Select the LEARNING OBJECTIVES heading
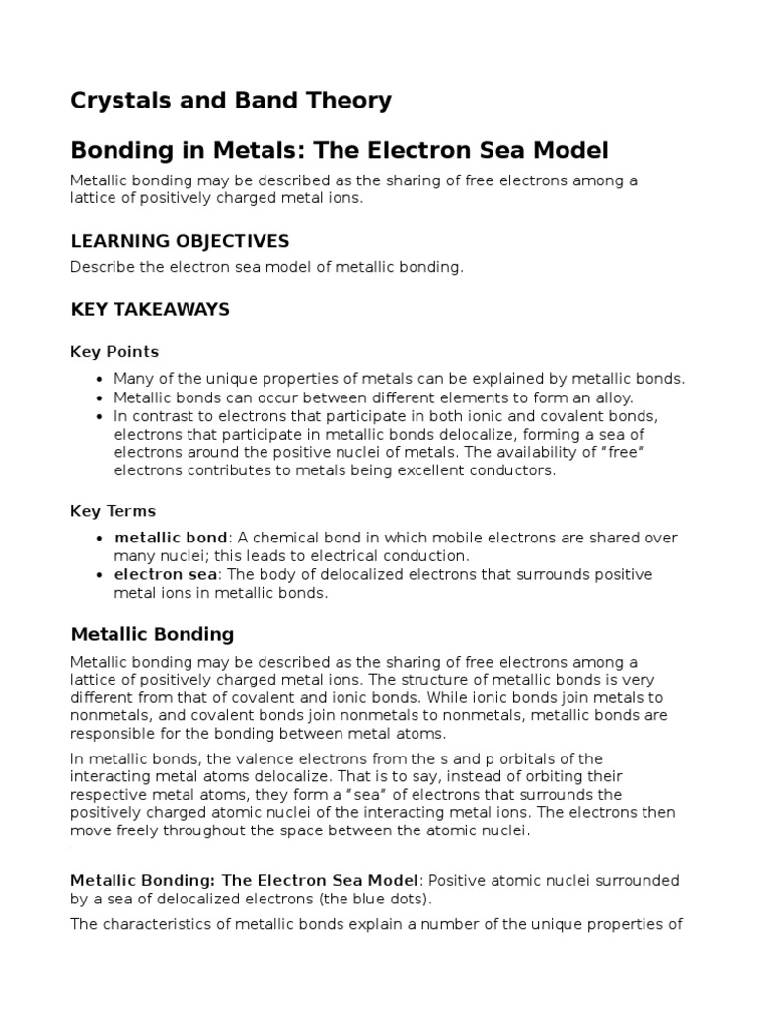click(180, 241)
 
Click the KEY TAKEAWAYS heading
click(150, 309)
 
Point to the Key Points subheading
click(114, 352)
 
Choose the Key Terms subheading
click(113, 511)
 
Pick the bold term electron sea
click(162, 575)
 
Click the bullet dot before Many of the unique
click(100, 380)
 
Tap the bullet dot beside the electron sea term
click(100, 576)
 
